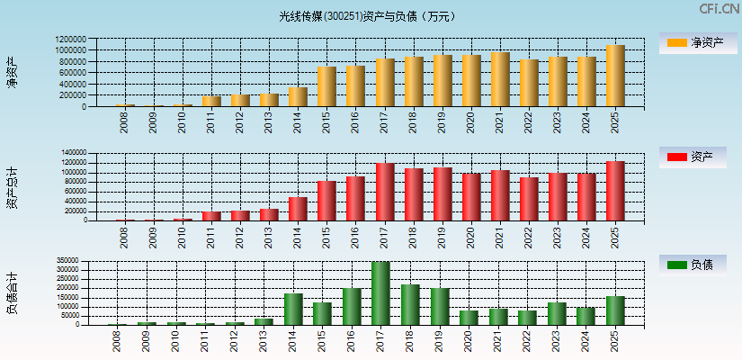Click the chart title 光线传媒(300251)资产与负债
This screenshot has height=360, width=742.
click(x=366, y=16)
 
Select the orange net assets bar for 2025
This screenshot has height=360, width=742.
click(x=615, y=76)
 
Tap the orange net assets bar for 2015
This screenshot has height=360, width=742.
click(x=326, y=86)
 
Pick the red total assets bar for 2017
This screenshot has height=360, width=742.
click(x=385, y=192)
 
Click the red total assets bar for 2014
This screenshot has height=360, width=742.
click(x=298, y=209)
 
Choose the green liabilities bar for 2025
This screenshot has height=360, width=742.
click(x=615, y=310)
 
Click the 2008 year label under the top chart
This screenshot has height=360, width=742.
click(x=124, y=122)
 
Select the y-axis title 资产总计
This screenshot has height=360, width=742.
click(x=13, y=187)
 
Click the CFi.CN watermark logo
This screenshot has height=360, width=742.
click(x=720, y=8)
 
